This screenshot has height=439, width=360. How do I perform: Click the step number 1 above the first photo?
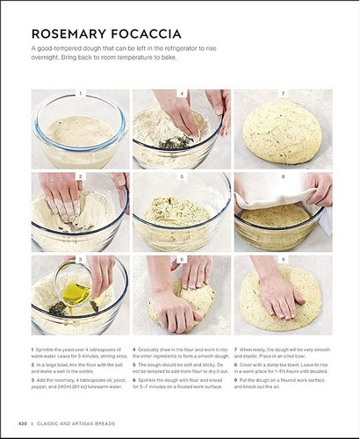coord(80,94)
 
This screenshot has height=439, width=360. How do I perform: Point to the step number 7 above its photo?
coord(283,94)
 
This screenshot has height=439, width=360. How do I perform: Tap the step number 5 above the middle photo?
coord(181,176)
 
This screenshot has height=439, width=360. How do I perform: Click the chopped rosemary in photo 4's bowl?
coord(175,142)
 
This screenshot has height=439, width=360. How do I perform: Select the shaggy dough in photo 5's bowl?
coord(181,211)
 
